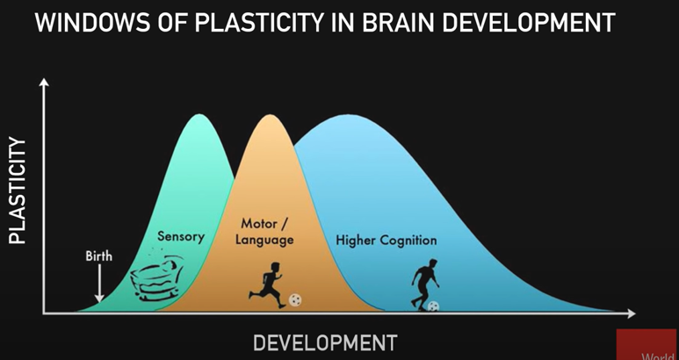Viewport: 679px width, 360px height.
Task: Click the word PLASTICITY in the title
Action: (x=258, y=23)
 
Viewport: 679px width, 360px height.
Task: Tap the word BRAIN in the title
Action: (x=399, y=23)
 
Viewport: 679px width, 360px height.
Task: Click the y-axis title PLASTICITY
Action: (x=18, y=191)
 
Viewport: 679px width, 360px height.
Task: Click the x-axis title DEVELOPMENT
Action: (x=325, y=343)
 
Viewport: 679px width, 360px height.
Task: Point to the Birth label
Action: (x=98, y=256)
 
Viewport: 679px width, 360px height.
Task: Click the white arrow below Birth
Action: (x=99, y=283)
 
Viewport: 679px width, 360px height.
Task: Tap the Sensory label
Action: (x=181, y=237)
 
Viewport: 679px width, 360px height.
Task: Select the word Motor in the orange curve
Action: (x=260, y=223)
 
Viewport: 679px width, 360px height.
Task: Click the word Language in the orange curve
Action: (x=264, y=240)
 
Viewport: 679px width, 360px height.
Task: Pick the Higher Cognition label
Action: (x=386, y=240)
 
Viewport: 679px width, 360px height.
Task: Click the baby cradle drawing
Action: (x=156, y=277)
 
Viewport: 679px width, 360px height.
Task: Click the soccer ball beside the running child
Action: (x=295, y=300)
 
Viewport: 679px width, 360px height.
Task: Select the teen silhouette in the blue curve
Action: (x=425, y=284)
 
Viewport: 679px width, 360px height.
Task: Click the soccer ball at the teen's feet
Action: (x=433, y=306)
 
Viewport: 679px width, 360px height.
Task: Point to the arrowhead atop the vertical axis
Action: (x=43, y=83)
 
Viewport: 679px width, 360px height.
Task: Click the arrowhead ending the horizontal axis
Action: (x=631, y=313)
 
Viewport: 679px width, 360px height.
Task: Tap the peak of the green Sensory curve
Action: (x=199, y=115)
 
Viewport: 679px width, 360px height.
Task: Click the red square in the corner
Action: (x=647, y=344)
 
